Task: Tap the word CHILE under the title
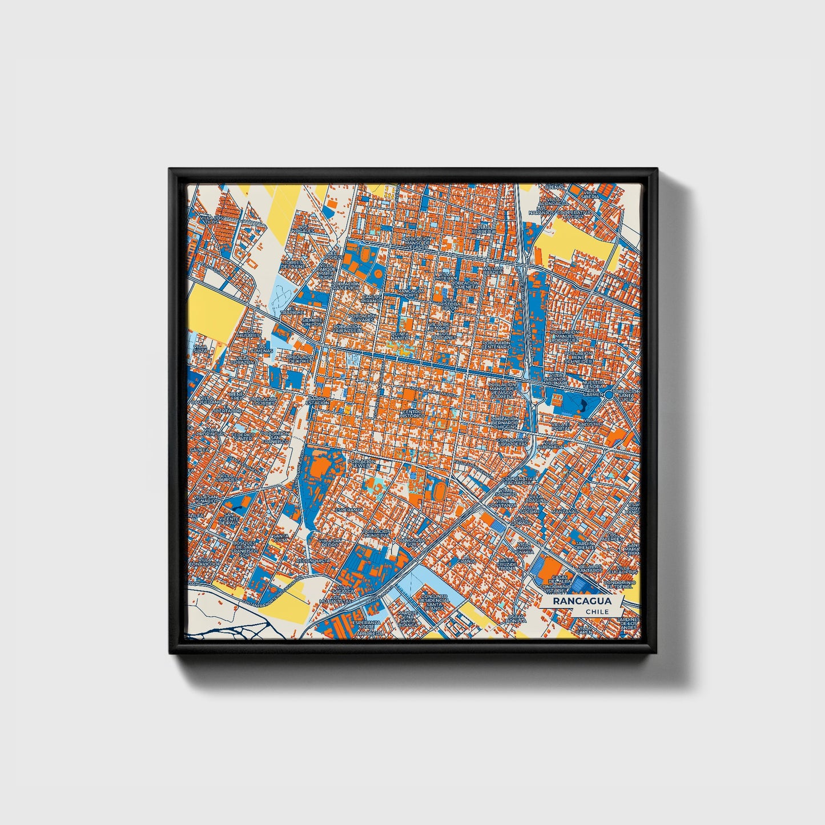click(597, 611)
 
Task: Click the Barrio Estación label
click(317, 401)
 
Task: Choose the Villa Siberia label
click(590, 194)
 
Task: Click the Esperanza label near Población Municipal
click(349, 509)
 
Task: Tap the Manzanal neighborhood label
click(564, 512)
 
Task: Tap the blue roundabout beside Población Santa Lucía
click(609, 395)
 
